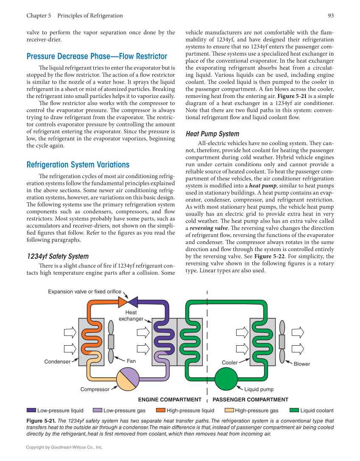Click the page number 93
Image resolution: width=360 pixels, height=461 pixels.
(331, 16)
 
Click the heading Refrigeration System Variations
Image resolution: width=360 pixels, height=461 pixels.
(78, 165)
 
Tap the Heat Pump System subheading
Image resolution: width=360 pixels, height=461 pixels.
(212, 134)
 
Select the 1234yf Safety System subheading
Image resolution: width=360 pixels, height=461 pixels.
(58, 256)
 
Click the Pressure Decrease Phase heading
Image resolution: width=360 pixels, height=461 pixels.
(97, 56)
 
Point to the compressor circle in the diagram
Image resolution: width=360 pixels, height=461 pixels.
(128, 379)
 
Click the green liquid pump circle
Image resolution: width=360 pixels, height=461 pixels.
(226, 379)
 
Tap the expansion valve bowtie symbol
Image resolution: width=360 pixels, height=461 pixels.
(128, 302)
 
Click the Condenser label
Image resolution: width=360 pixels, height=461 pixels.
(57, 362)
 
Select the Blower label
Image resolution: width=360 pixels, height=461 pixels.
(302, 364)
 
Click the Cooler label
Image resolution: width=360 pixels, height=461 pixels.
(230, 363)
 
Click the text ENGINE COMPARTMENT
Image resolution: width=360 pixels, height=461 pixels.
(170, 400)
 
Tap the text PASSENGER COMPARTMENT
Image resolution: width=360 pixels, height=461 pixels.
(250, 400)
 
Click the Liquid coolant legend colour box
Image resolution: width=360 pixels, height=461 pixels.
(294, 410)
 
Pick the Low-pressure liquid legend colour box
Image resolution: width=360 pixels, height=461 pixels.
(31, 410)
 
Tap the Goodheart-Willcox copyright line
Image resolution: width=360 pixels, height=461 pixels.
(64, 447)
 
